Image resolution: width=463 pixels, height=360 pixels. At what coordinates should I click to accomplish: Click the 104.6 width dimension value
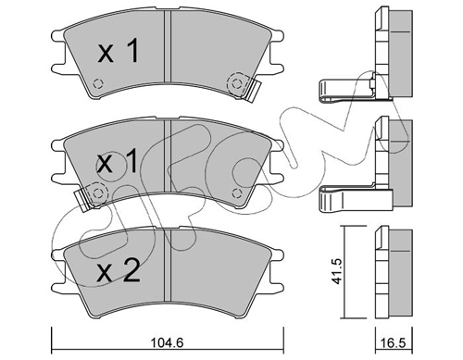tap(167, 342)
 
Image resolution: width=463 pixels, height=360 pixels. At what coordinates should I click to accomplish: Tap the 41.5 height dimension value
tap(338, 271)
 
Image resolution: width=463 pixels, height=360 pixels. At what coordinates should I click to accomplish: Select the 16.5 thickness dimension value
tap(394, 343)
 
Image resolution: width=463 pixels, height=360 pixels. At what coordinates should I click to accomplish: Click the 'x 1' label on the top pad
tap(118, 52)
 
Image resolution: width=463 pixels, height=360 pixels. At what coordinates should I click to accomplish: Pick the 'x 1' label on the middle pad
tap(118, 162)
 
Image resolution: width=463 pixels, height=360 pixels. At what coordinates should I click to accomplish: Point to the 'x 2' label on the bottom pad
tap(118, 271)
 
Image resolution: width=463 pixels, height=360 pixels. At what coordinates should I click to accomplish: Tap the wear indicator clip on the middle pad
tap(81, 200)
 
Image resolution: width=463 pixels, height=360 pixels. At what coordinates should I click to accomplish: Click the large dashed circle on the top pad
tap(237, 83)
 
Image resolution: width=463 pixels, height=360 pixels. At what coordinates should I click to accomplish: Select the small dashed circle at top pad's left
tap(98, 83)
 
